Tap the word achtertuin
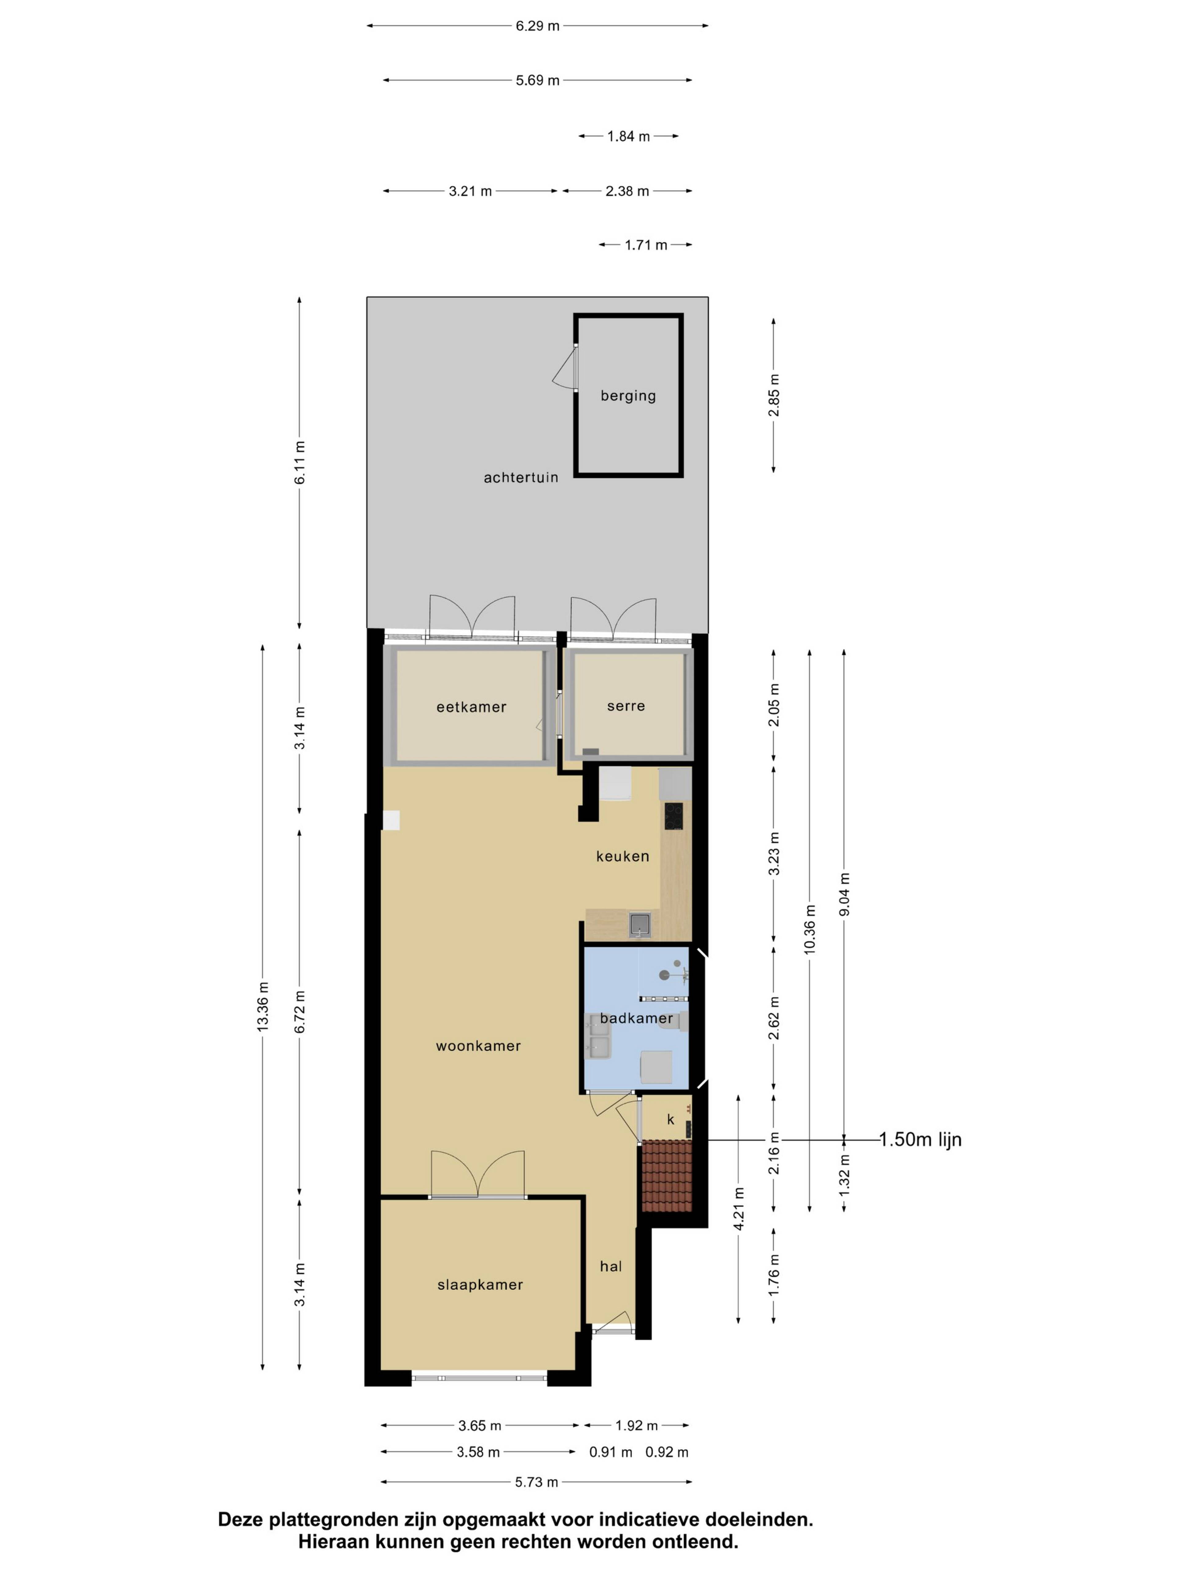click(x=521, y=477)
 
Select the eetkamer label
click(x=471, y=707)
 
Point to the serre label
click(x=626, y=706)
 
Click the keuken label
click(x=622, y=856)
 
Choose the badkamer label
click(x=636, y=1018)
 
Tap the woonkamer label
click(x=478, y=1046)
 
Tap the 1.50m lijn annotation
click(x=920, y=1139)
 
